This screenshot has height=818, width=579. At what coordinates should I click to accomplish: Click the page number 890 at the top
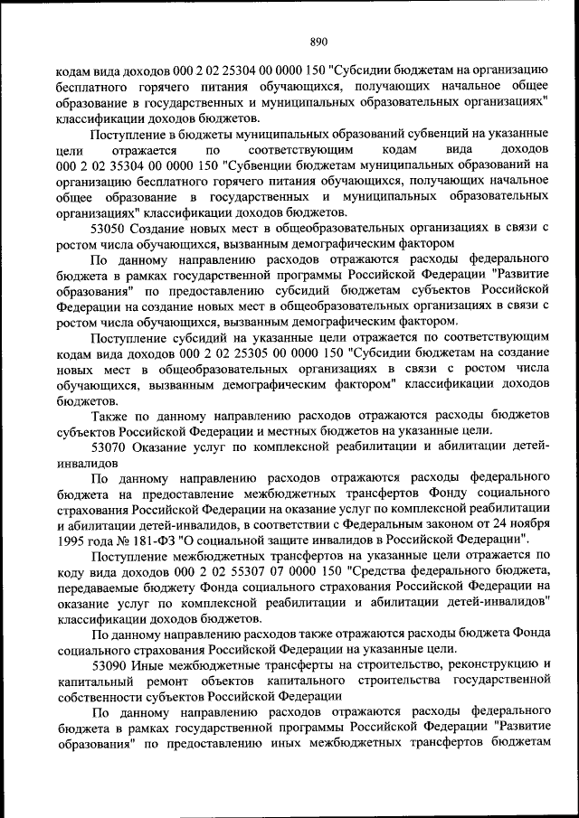pyautogui.click(x=318, y=41)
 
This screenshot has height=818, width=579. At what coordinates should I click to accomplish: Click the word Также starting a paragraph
pyautogui.click(x=114, y=416)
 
